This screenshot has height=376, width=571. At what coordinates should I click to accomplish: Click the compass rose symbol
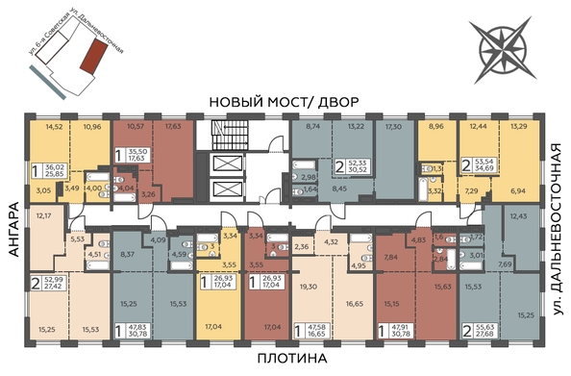click(x=501, y=45)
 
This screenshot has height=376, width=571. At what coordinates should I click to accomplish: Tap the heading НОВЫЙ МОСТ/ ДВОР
click(x=285, y=102)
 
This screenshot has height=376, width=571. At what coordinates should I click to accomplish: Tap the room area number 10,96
click(x=92, y=126)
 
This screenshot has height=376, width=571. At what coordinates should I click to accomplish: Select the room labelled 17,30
click(x=395, y=126)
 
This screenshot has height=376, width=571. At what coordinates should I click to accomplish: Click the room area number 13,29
click(x=517, y=126)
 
